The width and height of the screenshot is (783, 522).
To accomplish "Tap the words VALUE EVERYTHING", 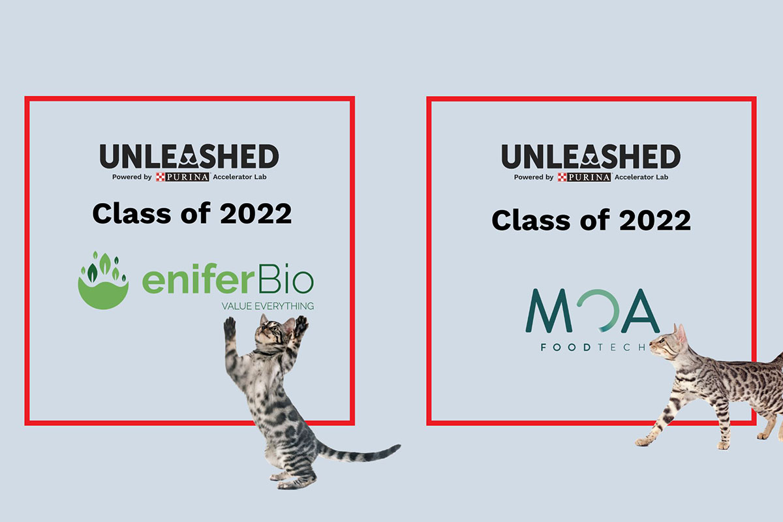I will (268, 305).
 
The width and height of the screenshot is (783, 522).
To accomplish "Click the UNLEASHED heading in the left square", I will (189, 157).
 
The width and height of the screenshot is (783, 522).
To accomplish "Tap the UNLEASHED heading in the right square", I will (591, 157).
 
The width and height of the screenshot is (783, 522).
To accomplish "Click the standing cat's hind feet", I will (290, 481).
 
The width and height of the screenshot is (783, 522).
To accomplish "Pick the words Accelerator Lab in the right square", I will (641, 177).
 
